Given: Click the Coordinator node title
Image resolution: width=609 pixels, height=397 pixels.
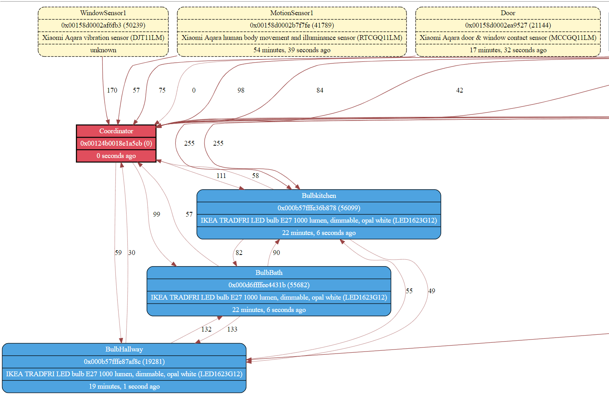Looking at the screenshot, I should (x=116, y=131).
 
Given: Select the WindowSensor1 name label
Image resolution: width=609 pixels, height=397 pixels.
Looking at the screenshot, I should (x=103, y=13).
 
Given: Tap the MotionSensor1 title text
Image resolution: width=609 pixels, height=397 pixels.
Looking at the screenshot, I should (x=292, y=13).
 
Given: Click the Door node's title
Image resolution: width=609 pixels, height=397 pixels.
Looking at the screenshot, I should (x=508, y=13).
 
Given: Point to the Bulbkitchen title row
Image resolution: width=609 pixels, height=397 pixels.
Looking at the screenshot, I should (x=319, y=196).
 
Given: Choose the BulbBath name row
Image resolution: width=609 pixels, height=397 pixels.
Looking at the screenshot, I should (x=269, y=273).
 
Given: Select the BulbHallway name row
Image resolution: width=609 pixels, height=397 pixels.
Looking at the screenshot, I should (x=124, y=349).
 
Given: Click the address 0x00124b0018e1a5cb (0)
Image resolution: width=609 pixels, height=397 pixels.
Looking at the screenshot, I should (x=116, y=143).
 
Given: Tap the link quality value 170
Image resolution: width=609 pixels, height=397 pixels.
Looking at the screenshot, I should (x=112, y=90).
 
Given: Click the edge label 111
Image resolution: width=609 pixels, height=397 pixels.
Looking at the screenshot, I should (x=221, y=176).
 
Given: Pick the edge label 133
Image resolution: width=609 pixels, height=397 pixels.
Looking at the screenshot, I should (x=232, y=329).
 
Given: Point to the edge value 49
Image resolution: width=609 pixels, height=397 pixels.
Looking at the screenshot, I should (x=432, y=291).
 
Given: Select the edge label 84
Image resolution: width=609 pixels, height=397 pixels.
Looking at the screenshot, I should (x=320, y=90).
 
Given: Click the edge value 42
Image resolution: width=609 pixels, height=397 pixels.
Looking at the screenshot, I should (x=460, y=90).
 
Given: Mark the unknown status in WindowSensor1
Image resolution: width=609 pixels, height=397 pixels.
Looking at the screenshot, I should (x=103, y=50).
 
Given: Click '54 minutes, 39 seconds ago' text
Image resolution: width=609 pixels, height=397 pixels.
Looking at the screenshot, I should (x=292, y=50).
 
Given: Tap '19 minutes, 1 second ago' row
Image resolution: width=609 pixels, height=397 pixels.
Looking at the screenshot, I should (x=124, y=386).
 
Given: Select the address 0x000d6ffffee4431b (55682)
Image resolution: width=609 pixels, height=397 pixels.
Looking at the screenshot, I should (x=269, y=285).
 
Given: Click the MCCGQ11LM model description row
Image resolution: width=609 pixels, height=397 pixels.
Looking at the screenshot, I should (x=508, y=38).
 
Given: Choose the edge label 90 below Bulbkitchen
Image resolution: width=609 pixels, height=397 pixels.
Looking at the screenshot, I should (x=276, y=253).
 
